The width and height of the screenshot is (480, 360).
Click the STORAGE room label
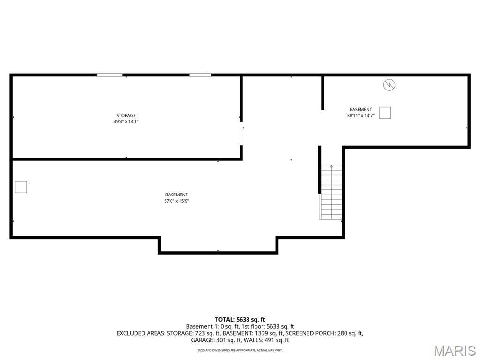pos(126,115)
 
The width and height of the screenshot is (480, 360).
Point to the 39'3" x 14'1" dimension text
pos(126,121)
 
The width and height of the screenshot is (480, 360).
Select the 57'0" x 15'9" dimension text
pos(177,201)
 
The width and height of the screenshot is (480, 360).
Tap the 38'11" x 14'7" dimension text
pos(360,116)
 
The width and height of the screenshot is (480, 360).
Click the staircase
pos(330,192)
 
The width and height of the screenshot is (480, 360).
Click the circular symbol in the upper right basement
pos(390,85)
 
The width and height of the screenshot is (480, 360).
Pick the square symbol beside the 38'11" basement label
pos(385,112)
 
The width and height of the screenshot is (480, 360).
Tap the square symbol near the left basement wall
pos(21,187)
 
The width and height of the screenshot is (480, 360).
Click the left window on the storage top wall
pos(110,75)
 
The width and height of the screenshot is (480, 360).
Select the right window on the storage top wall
pos(200,75)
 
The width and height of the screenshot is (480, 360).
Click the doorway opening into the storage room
pos(241,134)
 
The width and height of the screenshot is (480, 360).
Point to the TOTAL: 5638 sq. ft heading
pos(240,320)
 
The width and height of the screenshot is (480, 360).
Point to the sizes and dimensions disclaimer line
pos(240,350)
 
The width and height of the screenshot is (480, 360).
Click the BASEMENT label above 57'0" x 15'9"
pos(177,195)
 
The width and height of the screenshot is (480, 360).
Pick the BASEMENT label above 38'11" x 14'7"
pos(360,109)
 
